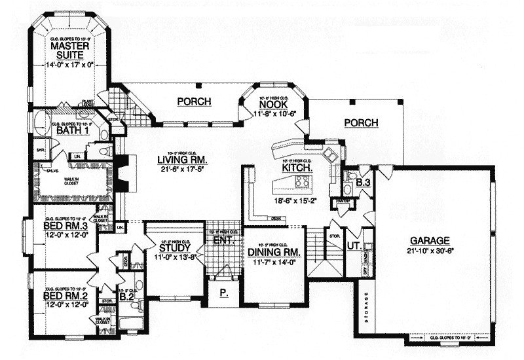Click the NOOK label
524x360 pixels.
pyautogui.click(x=274, y=104)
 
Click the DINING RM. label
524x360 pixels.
pyautogui.click(x=274, y=251)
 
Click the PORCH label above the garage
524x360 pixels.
pyautogui.click(x=359, y=122)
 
